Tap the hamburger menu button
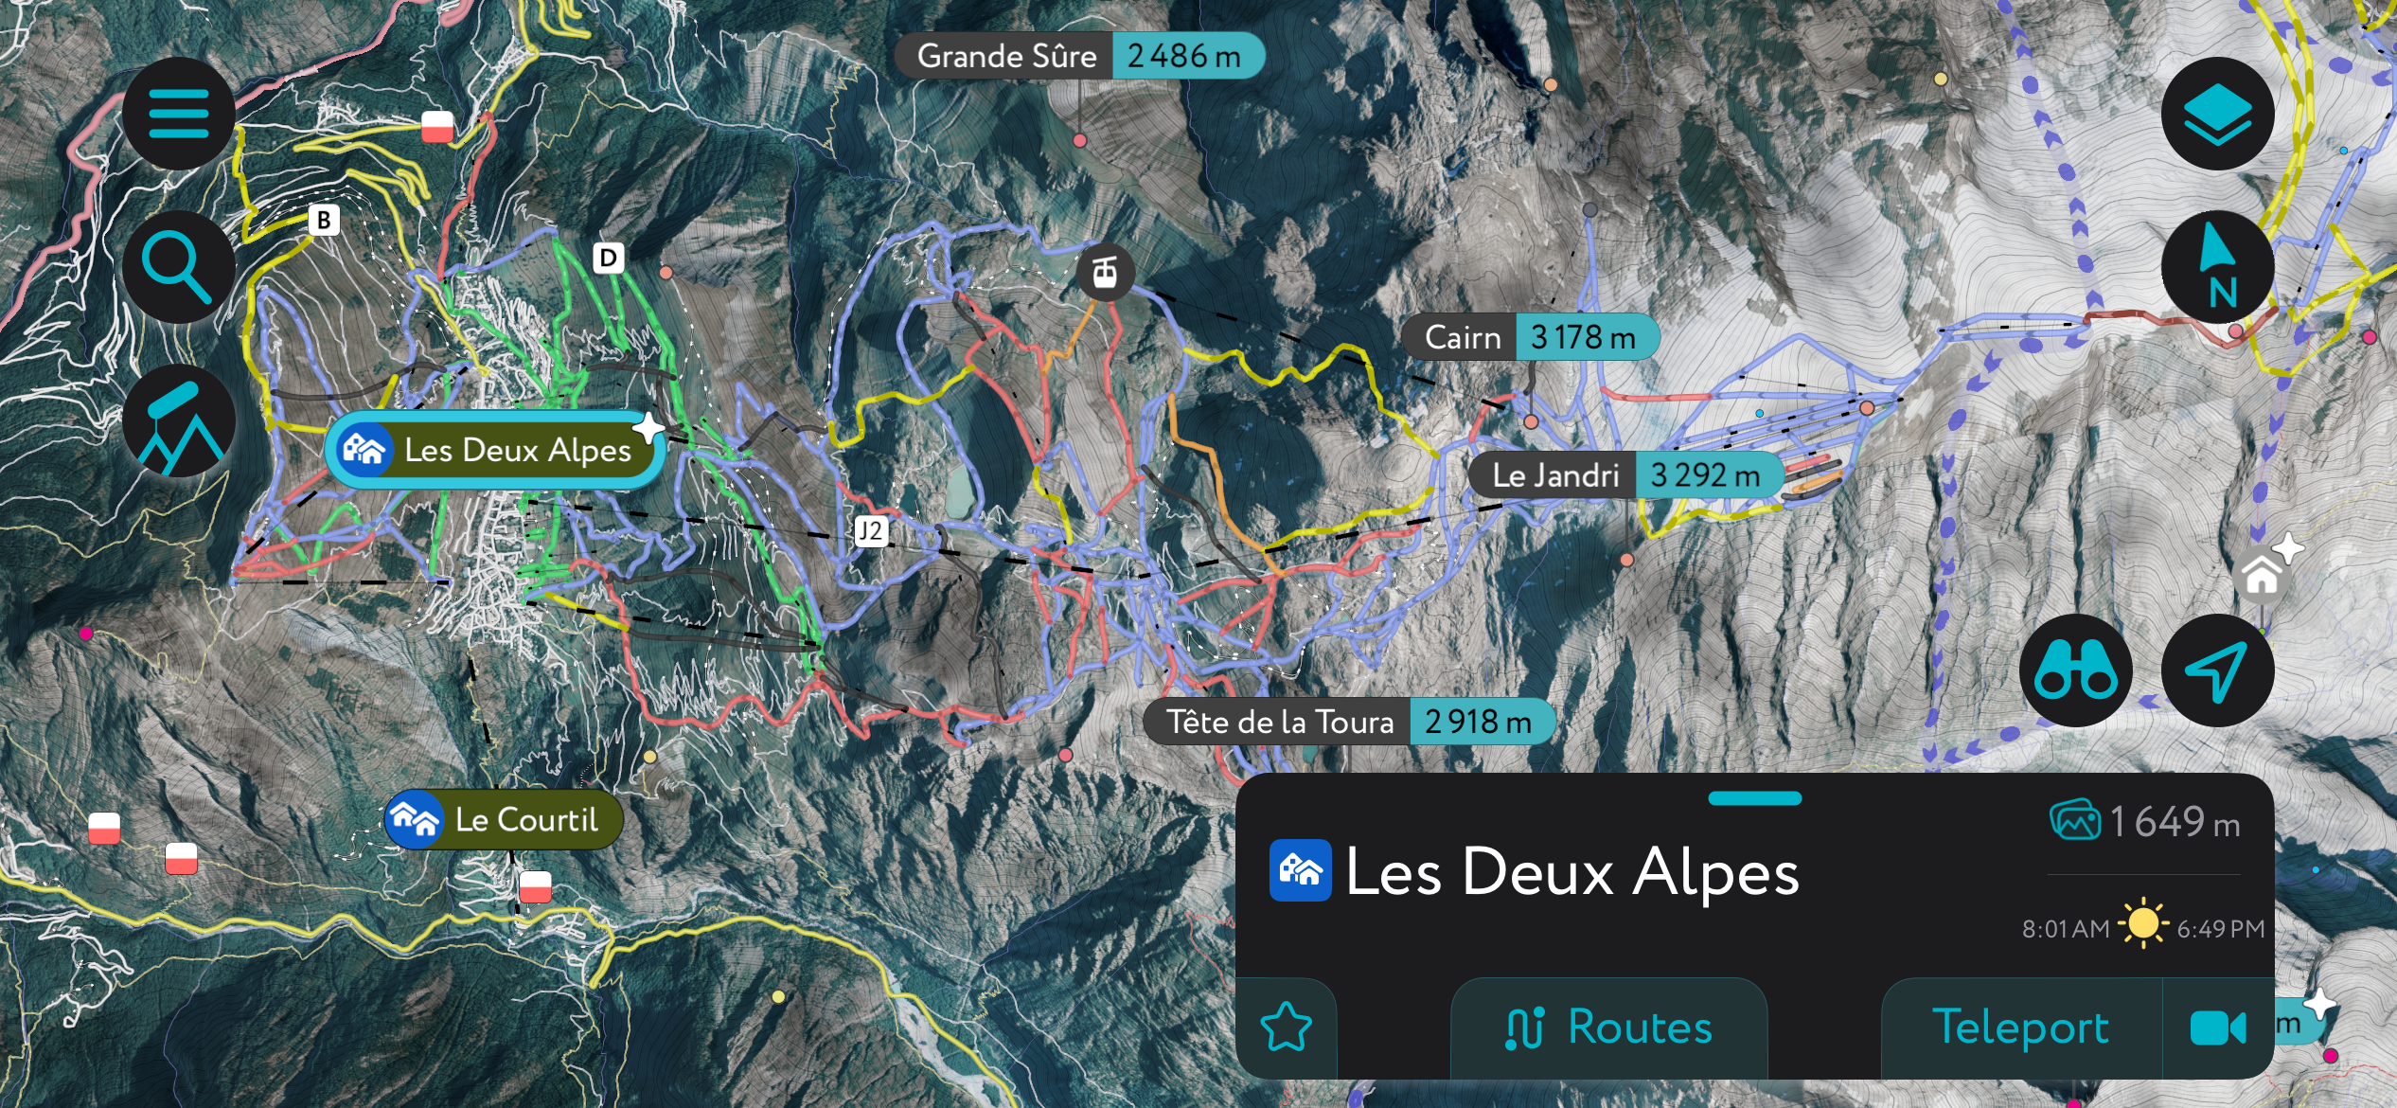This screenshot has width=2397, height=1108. [x=178, y=114]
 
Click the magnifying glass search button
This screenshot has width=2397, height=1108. [x=178, y=267]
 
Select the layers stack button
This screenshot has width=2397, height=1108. [x=2217, y=114]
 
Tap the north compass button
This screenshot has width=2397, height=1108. [x=2217, y=267]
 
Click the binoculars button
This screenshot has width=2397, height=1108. [x=2075, y=670]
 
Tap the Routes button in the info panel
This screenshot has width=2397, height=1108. [x=1608, y=1028]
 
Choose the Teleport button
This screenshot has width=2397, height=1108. [x=2020, y=1028]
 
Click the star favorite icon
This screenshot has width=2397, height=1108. [x=1286, y=1028]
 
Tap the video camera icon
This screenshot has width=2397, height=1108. [x=2217, y=1028]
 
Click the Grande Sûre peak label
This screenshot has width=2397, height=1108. [x=1079, y=56]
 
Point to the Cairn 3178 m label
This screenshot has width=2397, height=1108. [x=1529, y=337]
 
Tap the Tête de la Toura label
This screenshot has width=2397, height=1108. [x=1348, y=722]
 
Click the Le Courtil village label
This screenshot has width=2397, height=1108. [x=504, y=819]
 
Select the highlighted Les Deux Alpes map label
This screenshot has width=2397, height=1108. [x=495, y=450]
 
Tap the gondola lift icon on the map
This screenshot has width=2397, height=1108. [x=1105, y=273]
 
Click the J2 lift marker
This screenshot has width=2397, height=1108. [x=870, y=531]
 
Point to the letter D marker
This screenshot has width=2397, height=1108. [x=608, y=258]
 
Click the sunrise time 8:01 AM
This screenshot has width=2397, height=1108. [x=2065, y=928]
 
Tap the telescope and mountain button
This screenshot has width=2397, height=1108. [x=178, y=420]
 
